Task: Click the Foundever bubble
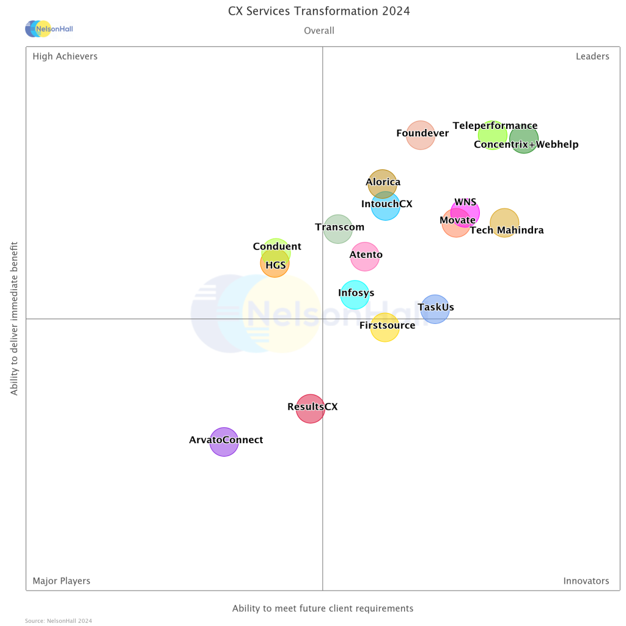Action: [x=421, y=135]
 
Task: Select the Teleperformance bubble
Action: [x=492, y=135]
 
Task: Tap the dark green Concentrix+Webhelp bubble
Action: [x=524, y=139]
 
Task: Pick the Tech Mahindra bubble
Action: [x=504, y=223]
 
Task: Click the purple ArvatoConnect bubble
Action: [x=224, y=441]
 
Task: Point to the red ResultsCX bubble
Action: [x=310, y=408]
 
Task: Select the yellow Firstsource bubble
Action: [x=385, y=327]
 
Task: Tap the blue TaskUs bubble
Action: [x=435, y=309]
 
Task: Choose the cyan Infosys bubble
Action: [x=355, y=295]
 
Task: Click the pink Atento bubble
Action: [x=365, y=256]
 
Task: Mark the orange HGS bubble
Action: [x=274, y=263]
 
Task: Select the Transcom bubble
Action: [x=337, y=229]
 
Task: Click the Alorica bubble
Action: [x=383, y=183]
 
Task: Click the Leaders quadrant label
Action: [x=592, y=56]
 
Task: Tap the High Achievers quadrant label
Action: [x=65, y=56]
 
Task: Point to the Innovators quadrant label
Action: [x=586, y=581]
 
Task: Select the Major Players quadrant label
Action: [x=61, y=581]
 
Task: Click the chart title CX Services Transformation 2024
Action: [x=319, y=12]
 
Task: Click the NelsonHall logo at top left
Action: [x=49, y=29]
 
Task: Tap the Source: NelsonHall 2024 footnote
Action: [x=59, y=620]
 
